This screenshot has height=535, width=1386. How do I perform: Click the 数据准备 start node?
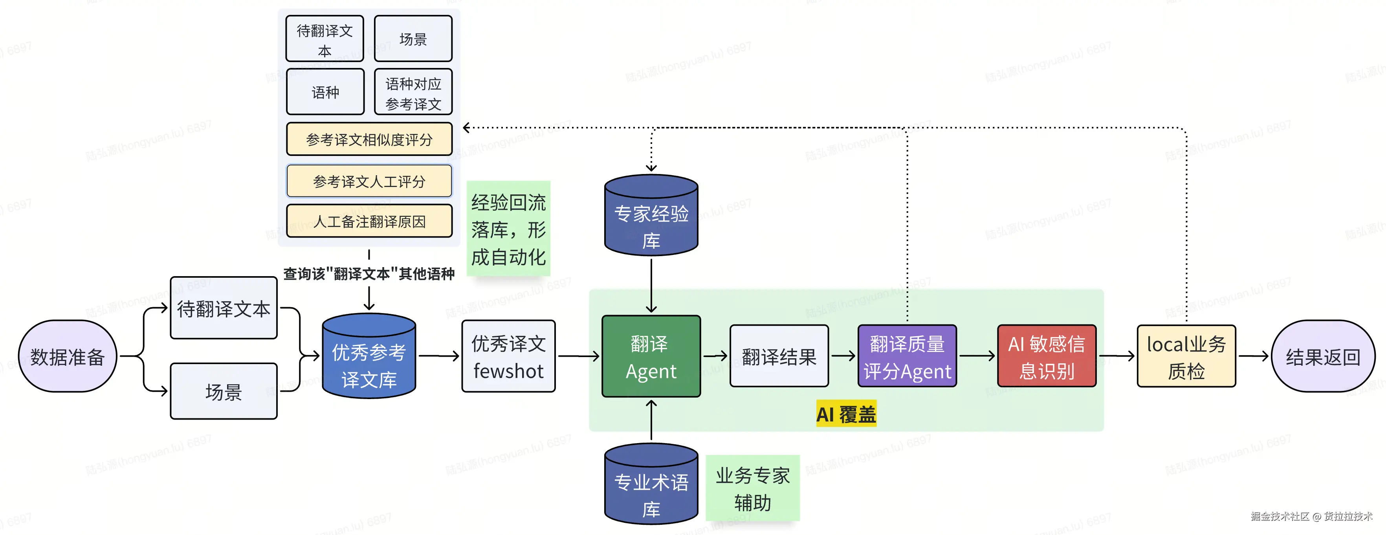67,356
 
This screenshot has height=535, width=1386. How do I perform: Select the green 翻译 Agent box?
651,356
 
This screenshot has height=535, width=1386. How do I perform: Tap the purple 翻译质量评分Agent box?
907,356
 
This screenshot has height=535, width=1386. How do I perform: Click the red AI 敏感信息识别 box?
1047,356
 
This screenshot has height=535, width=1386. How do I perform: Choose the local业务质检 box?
1186,356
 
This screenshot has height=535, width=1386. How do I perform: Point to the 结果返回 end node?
1322,356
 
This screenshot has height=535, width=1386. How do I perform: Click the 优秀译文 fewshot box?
508,356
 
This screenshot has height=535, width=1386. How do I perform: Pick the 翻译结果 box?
779,356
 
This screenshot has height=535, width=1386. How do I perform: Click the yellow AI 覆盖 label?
846,414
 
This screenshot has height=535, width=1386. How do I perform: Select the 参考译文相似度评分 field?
369,139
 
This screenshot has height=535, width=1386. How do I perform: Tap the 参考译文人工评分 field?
369,181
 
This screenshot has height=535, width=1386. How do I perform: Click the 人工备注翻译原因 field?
369,221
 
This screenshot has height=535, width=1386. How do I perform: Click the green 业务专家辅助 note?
752,489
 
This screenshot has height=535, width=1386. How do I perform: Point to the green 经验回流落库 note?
508,229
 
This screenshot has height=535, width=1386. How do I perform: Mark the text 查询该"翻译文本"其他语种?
369,274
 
